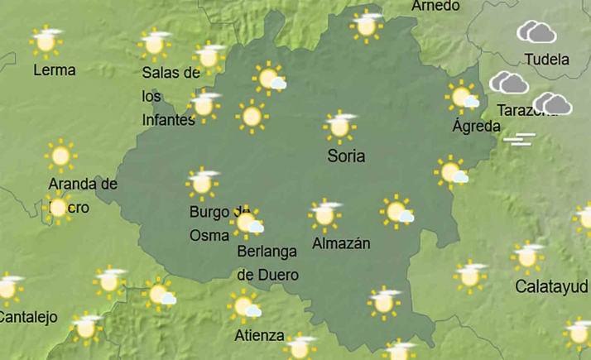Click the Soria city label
point(346,156)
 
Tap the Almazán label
point(341,243)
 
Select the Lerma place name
point(54,70)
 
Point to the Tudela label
point(546,60)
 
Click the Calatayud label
point(551,286)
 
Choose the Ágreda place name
point(476,127)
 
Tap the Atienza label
point(259,336)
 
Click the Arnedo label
point(435,6)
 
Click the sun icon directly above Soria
point(339,126)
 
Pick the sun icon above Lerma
point(46,40)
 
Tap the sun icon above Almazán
point(324,214)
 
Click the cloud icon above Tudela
point(536,32)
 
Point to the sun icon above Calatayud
point(526,257)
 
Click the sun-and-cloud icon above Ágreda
point(463,98)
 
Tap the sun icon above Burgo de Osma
point(202,183)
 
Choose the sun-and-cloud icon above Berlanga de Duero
point(247,223)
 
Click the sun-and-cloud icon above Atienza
point(246,308)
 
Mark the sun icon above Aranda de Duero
point(60,156)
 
